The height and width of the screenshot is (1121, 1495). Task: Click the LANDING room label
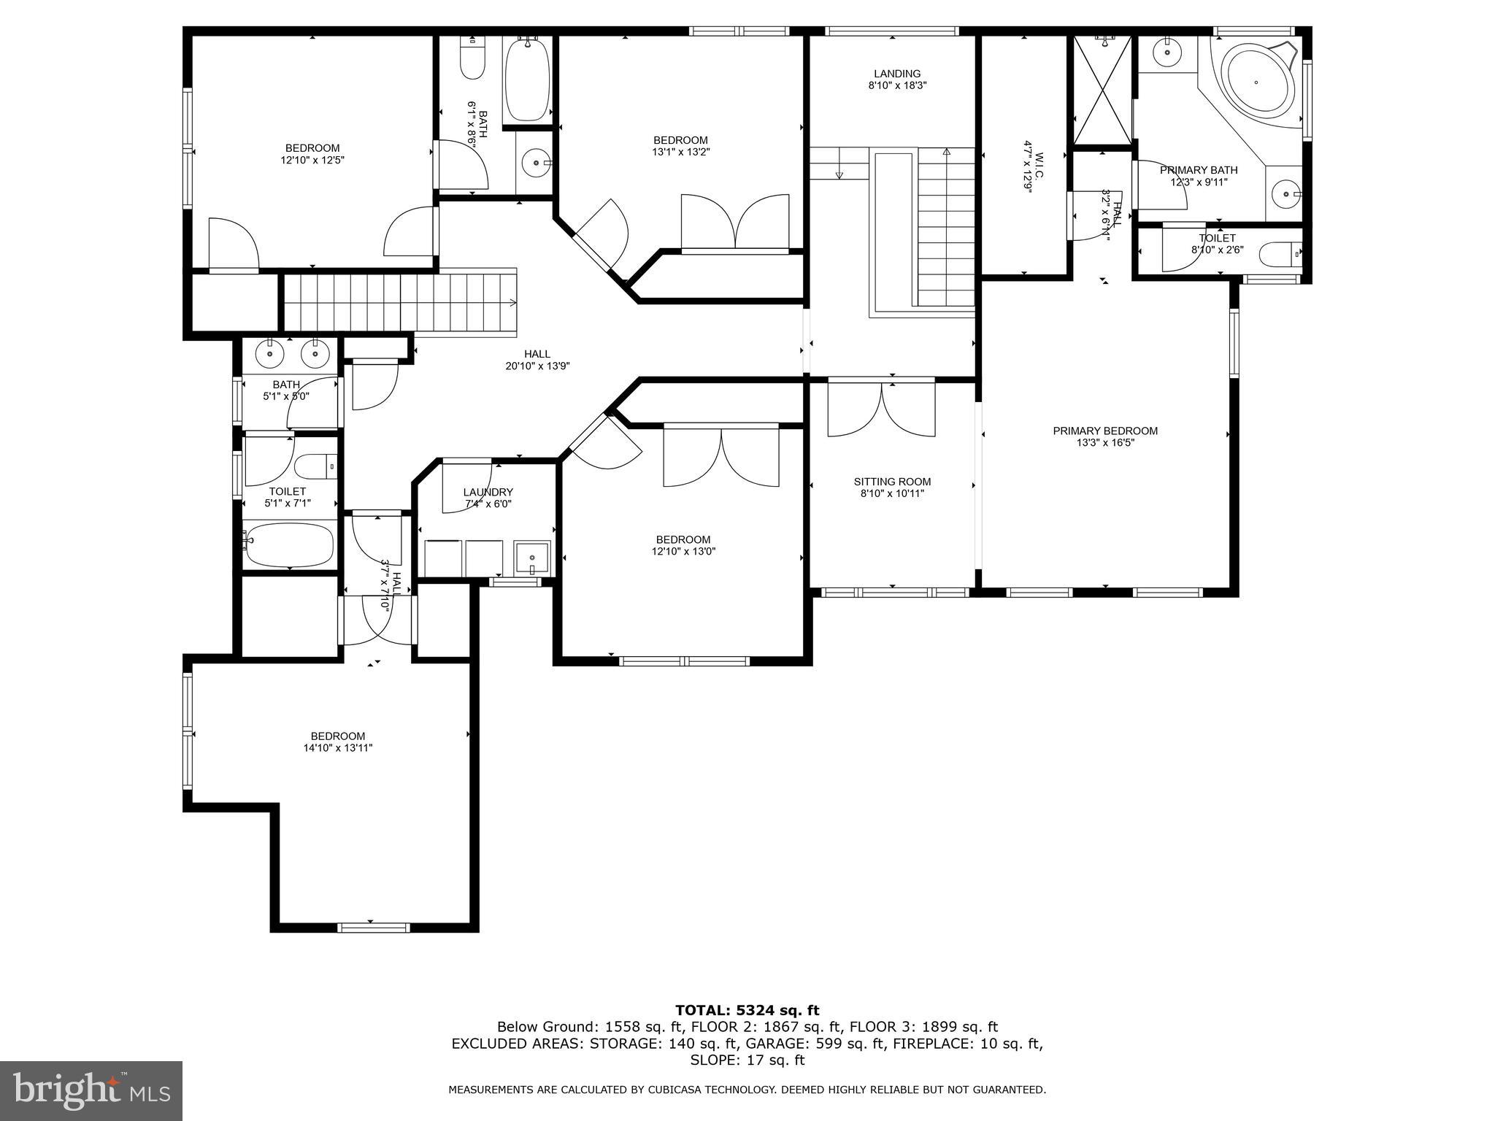[897, 74]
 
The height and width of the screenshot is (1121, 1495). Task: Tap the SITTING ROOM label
[892, 482]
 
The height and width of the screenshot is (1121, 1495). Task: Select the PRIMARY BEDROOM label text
[1104, 431]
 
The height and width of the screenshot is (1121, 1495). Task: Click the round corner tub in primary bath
[1256, 82]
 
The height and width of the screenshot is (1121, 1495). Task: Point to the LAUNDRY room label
[488, 493]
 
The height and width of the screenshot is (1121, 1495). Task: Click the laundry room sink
[531, 558]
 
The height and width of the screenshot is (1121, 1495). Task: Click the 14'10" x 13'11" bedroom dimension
[337, 748]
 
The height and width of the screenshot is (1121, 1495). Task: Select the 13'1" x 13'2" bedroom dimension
[680, 153]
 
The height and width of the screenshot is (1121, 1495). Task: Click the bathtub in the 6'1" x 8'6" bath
[527, 80]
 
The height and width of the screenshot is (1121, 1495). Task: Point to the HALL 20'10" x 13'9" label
[537, 355]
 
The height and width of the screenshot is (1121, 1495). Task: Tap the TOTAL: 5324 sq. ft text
[747, 1011]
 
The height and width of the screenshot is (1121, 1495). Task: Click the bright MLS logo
[91, 1090]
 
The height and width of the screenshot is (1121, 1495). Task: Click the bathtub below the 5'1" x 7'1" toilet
[289, 545]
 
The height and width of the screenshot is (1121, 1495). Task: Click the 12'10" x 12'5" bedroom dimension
[312, 160]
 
